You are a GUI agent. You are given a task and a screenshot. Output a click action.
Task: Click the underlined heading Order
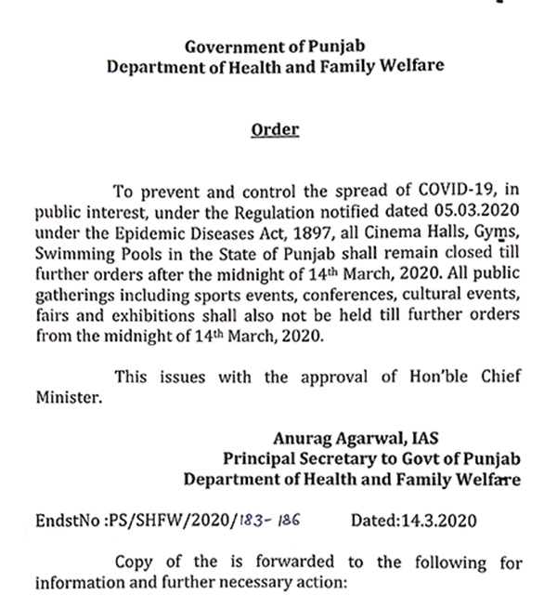(275, 129)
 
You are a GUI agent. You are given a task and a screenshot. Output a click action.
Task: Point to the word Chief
(500, 376)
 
